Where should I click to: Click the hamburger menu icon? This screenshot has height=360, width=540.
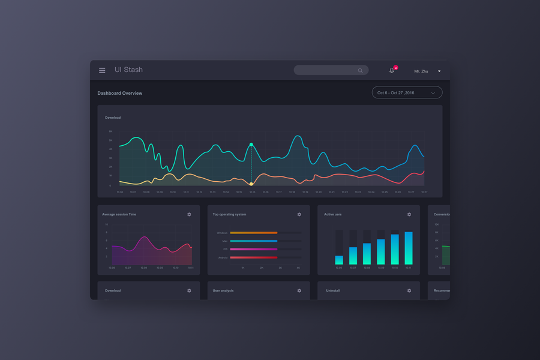coord(102,70)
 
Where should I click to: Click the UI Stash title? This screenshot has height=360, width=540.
coord(128,70)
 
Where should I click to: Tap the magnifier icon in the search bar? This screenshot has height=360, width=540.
coord(360,71)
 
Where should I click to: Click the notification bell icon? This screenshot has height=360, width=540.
coord(392,70)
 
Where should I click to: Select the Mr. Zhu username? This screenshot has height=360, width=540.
coord(421,71)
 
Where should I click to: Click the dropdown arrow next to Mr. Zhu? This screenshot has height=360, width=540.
coord(439,71)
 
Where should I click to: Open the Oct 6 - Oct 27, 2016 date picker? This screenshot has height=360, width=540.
coord(407,92)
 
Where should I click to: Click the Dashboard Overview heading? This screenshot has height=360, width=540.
coord(120,94)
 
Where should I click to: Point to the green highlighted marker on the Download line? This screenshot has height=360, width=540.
coord(251,145)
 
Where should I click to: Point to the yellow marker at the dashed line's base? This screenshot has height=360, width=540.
coord(251,184)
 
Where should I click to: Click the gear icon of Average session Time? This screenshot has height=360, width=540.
coord(189,214)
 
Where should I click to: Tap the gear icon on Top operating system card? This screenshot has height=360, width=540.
coord(299,214)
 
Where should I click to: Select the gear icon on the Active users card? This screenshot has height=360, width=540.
coord(409,214)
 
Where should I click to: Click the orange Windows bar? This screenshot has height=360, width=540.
coord(253,233)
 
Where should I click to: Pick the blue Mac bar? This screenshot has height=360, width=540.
coord(253,241)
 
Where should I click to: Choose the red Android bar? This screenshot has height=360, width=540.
coord(253,257)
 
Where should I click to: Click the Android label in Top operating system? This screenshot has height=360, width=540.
coord(223,257)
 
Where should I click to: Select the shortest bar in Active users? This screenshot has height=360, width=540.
coord(339,260)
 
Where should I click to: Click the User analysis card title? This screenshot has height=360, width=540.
coord(223,290)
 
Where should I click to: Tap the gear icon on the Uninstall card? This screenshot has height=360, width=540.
coord(409,290)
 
